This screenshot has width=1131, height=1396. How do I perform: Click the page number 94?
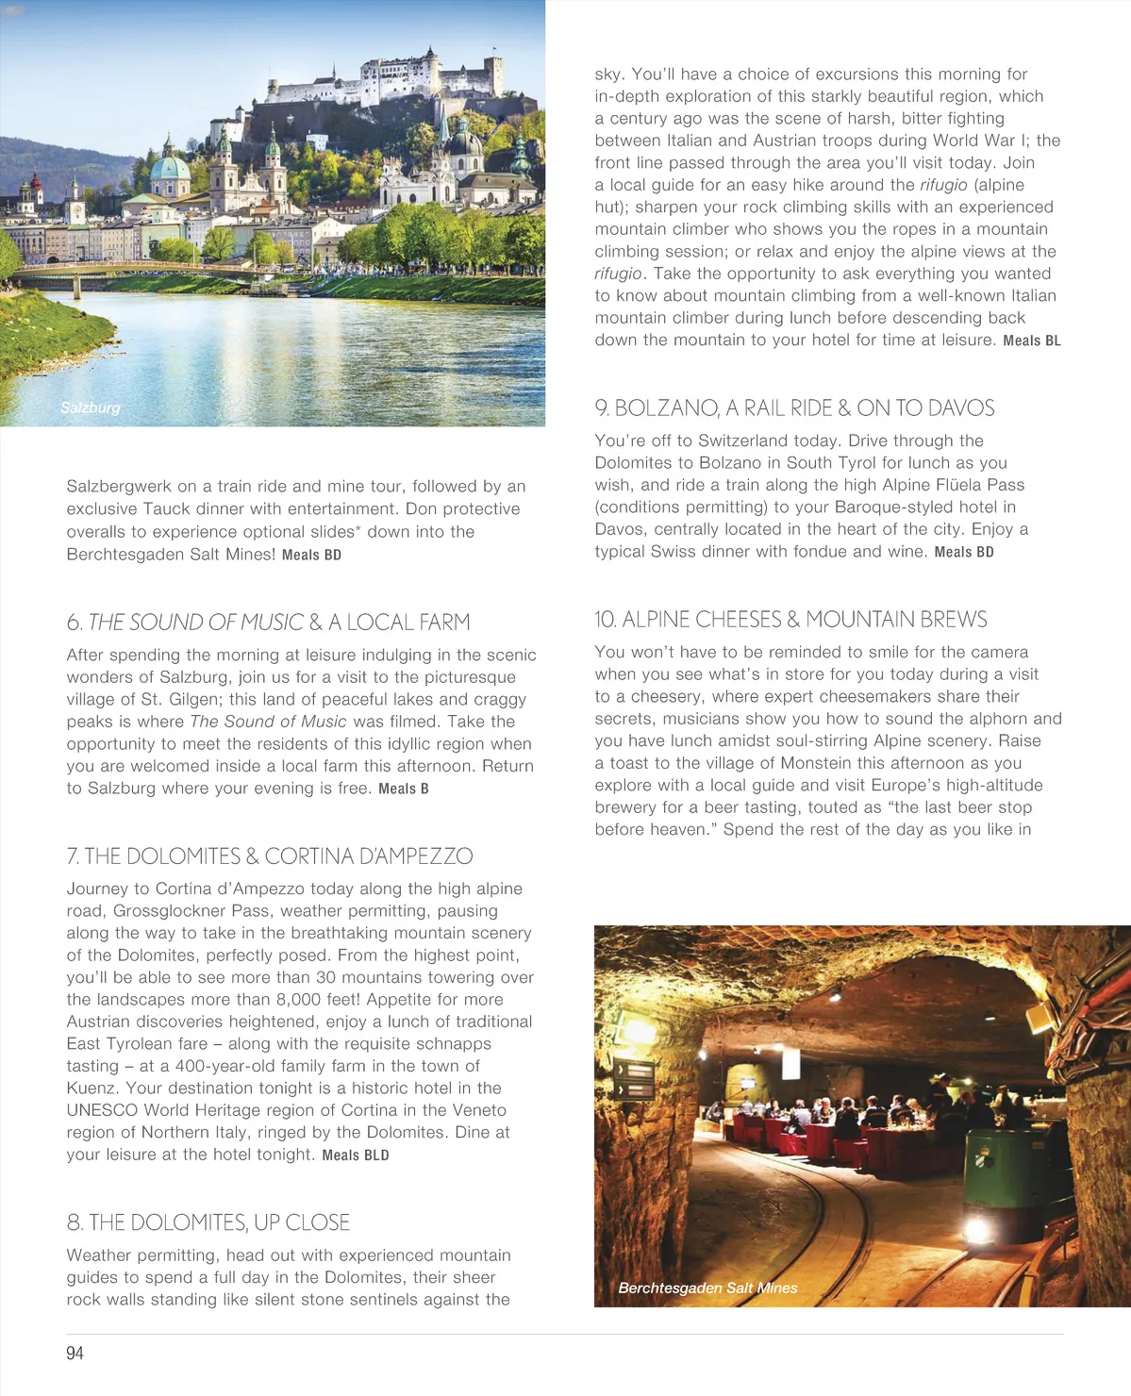coord(75,1353)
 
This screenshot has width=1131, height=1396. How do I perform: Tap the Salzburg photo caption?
coord(91,407)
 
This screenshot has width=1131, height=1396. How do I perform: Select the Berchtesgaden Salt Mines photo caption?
coord(707,1288)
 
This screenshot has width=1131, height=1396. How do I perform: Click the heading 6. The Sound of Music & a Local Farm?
coord(268,623)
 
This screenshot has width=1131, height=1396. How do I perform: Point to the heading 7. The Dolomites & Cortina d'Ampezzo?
coord(270,856)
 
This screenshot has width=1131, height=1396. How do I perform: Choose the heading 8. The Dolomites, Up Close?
coord(208,1222)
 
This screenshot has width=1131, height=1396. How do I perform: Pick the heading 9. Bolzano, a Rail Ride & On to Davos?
coord(794,408)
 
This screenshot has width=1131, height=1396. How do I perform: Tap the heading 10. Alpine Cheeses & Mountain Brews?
coord(790,620)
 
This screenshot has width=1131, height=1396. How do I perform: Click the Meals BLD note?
coord(356,1155)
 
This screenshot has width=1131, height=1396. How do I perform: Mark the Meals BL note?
coord(1032,341)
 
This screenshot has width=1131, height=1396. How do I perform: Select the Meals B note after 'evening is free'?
coord(404,789)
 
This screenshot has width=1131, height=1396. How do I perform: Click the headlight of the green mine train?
coord(975,1229)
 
